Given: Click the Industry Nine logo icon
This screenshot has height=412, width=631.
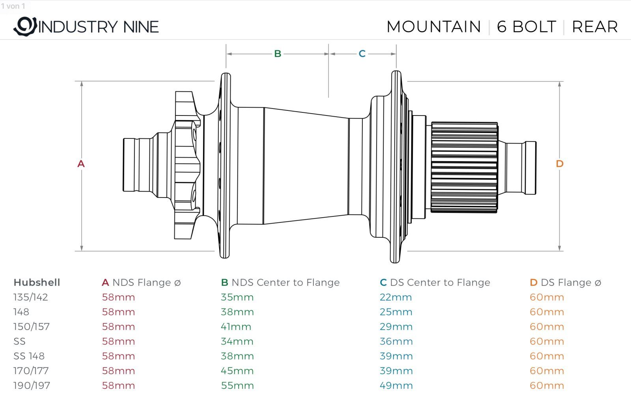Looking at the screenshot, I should point(25,26).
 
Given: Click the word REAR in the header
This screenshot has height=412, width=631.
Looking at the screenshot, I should point(594,27).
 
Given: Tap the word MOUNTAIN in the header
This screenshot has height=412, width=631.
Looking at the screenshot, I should point(433,27).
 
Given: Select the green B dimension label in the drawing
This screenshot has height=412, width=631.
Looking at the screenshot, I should point(278,54).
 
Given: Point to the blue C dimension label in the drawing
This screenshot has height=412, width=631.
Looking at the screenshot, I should point(362,54).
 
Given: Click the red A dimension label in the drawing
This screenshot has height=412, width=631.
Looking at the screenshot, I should point(81,164).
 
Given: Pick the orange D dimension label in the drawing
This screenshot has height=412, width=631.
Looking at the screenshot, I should point(559,164).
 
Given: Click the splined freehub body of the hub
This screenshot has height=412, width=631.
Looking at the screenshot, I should point(464,168).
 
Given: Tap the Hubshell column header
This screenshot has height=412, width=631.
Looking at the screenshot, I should point(37,282).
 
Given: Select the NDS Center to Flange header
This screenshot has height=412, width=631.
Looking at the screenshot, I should point(280,282).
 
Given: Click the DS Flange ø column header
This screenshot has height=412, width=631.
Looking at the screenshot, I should point(565,282).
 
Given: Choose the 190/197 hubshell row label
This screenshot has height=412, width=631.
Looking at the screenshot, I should point(32,386).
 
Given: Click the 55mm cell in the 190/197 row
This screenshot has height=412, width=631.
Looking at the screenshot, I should point(237,386).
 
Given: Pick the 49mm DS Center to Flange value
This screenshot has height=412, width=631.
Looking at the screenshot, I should point(396,386).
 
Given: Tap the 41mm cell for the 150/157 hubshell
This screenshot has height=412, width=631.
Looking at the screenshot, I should point(236,327).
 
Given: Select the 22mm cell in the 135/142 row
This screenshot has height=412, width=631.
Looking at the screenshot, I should point(396,297).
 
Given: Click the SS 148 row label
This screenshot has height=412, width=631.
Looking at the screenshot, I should point(29,356).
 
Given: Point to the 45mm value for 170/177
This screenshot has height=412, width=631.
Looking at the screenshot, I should point(237,371).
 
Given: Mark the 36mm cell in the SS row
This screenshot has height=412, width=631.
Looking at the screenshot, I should point(396,341).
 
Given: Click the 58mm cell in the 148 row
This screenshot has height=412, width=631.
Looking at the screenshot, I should point(118,312).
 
